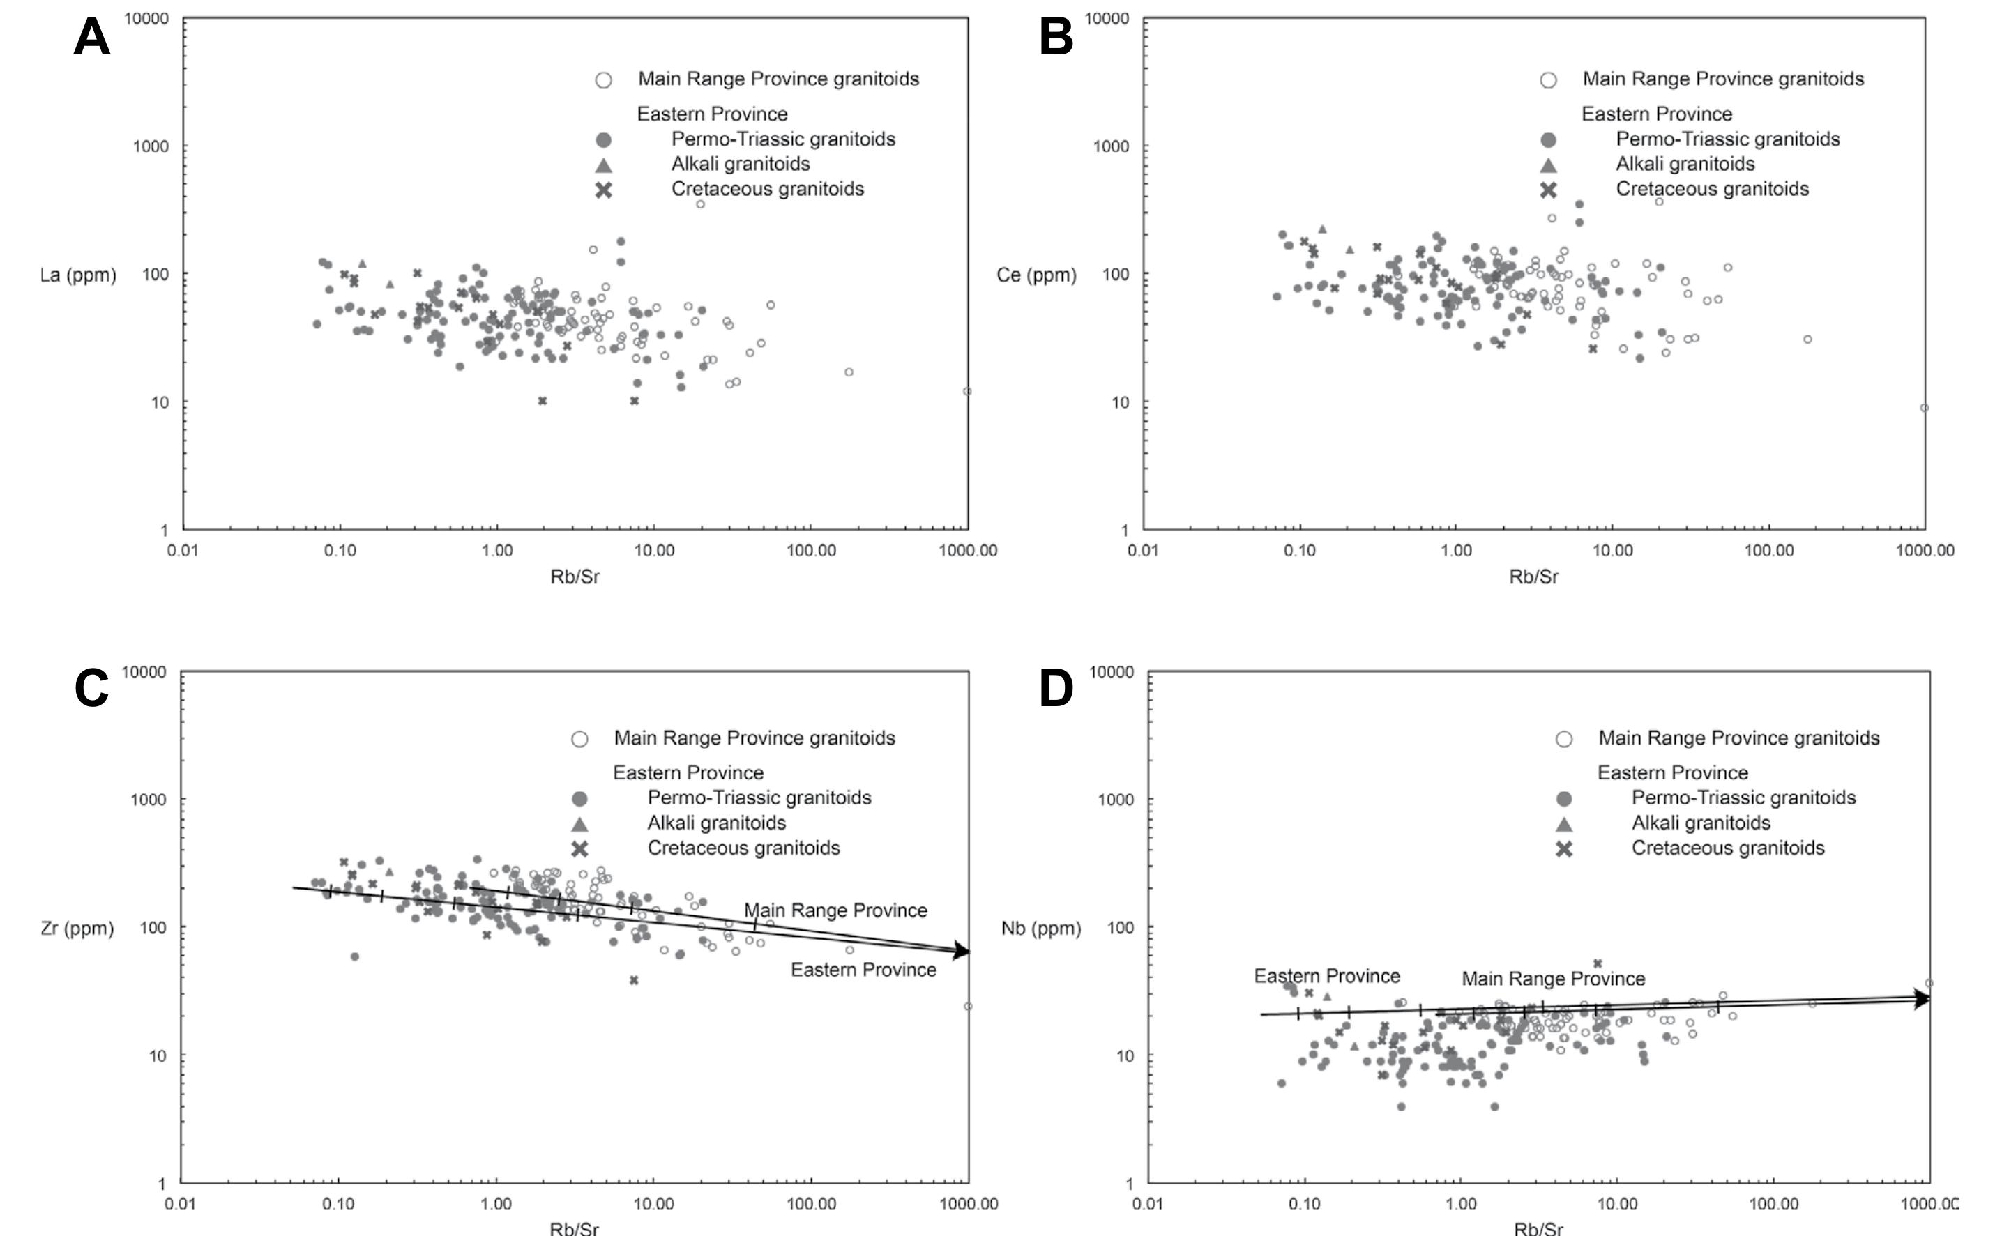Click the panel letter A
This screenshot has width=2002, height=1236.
coord(91,38)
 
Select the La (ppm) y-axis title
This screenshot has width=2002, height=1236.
coord(79,275)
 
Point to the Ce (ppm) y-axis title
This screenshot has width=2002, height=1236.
coord(1036,275)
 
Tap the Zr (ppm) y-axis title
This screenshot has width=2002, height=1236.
coord(77,928)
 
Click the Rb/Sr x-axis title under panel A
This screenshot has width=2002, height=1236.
coord(575,577)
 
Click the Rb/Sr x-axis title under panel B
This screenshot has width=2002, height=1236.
coord(1533,577)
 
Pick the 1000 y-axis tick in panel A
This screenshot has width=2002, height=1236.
coord(151,146)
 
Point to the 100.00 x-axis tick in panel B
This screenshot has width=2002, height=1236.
coord(1769,550)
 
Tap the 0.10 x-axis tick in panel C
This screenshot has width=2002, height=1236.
coord(338,1204)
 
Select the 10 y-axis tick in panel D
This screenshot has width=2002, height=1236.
coord(1124,1055)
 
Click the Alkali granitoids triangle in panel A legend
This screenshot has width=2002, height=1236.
coord(603,165)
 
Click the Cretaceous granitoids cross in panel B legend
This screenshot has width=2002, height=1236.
coord(1548,190)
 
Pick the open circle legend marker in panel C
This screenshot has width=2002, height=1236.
coord(579,739)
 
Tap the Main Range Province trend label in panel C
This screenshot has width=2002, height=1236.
coord(835,910)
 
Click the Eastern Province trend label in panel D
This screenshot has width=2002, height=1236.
coord(1327,976)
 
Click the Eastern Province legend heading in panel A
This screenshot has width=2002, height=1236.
coord(712,114)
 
